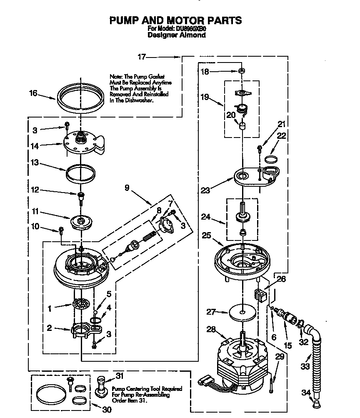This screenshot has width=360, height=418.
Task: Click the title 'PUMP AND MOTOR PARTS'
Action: (x=175, y=20)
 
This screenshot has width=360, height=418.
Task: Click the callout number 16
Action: (x=33, y=93)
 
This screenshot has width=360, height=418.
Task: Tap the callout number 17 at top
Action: (x=142, y=57)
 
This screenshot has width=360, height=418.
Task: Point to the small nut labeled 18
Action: (x=241, y=72)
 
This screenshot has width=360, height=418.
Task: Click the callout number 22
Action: (x=282, y=135)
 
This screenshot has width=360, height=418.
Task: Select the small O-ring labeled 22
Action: (x=271, y=159)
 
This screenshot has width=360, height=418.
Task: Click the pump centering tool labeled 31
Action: (x=101, y=385)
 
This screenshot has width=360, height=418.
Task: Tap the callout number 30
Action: (x=107, y=410)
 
